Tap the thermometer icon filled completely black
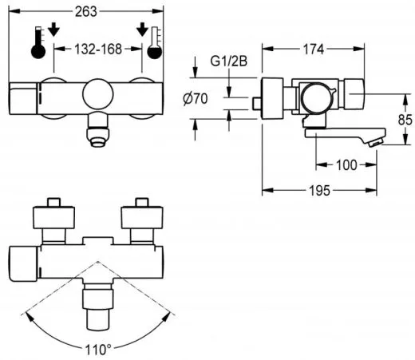coord(37,42)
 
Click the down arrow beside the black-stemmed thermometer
coord(53,30)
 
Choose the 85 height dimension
coord(405,119)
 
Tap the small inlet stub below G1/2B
coord(256,103)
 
